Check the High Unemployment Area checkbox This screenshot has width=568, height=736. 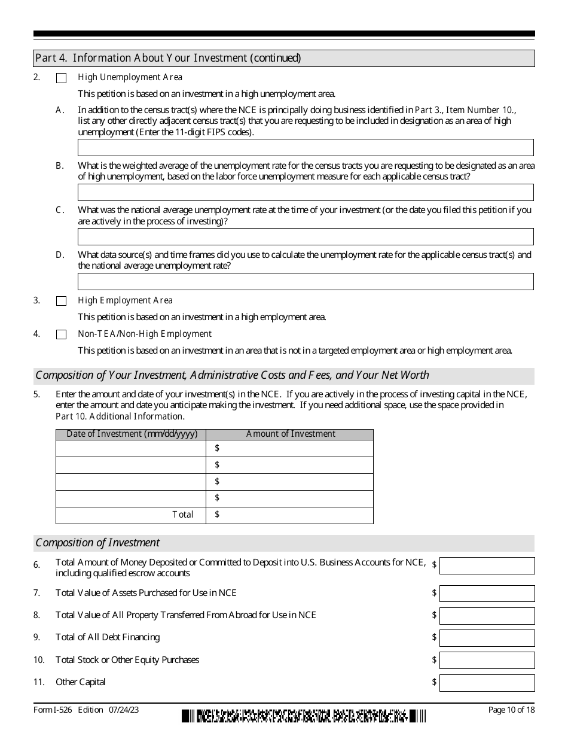pos(61,78)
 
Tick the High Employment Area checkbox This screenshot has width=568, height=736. pos(61,301)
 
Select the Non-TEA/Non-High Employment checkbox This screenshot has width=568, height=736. pos(61,334)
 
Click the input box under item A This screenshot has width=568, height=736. pos(306,148)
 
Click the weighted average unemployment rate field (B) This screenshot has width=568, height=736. pos(306,192)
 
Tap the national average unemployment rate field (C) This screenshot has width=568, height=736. pos(306,237)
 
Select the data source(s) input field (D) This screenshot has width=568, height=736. pos(306,282)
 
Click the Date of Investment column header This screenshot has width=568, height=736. pos(132,434)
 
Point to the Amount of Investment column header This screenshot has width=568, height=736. pos(291,434)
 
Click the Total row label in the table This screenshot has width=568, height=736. pos(183,515)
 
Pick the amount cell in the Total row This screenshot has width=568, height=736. pos(290,515)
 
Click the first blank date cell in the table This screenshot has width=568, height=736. pos(131,449)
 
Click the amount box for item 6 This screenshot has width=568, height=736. pos(487,566)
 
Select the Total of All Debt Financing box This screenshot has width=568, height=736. pos(487,638)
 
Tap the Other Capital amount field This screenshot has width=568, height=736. pos(487,683)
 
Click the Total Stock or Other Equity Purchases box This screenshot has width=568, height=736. pos(487,661)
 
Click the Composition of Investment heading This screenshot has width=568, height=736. pos(98,543)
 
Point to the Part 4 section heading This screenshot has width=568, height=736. pos(168,58)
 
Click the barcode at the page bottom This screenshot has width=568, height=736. pos(304,716)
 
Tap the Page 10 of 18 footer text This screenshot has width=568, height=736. pos(511,710)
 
